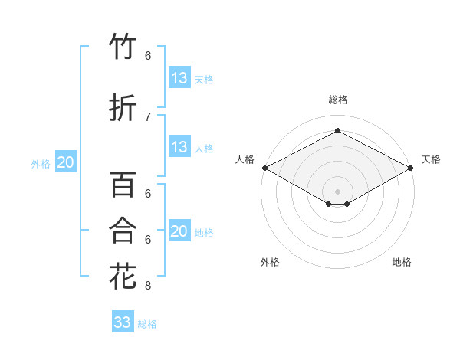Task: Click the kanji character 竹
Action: point(123,47)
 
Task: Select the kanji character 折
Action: point(123,108)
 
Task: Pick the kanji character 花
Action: point(123,276)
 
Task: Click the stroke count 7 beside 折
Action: point(148,116)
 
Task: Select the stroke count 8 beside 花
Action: point(148,286)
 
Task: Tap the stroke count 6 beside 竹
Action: point(148,56)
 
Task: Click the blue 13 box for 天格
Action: point(179,78)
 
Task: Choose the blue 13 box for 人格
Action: point(179,147)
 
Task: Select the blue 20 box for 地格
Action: point(179,231)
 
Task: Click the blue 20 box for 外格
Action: point(66,162)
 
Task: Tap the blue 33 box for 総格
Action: point(123,322)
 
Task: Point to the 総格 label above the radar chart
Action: point(337,100)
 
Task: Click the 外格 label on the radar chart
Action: point(270,262)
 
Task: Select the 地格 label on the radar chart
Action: point(402,262)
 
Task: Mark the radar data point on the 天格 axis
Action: point(411,168)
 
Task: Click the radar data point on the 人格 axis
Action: point(264,168)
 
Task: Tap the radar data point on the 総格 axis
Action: point(337,131)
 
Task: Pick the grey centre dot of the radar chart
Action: point(337,191)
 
